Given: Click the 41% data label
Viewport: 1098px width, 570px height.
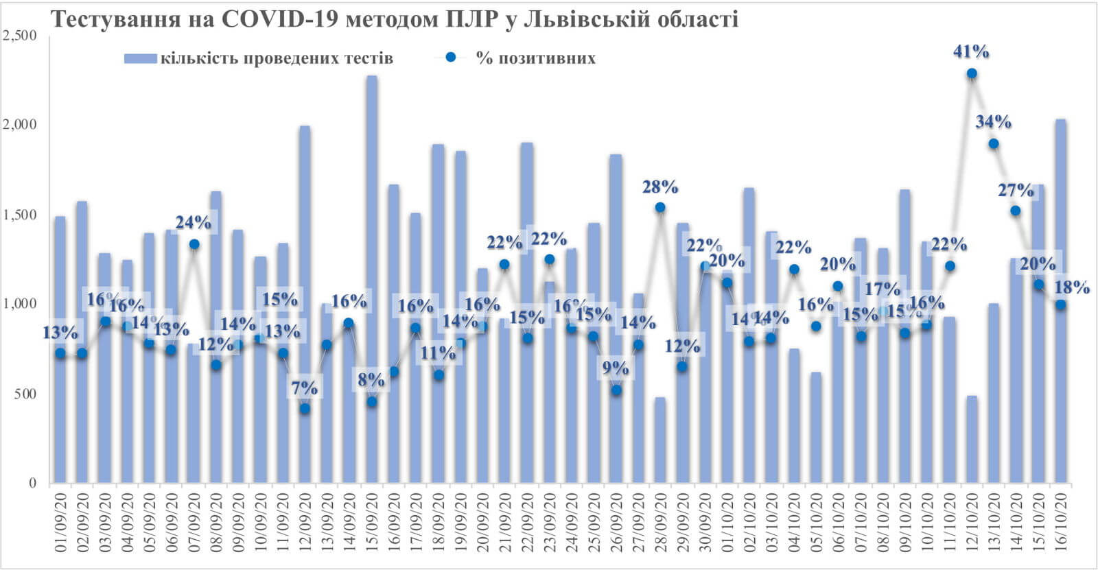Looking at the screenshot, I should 971,51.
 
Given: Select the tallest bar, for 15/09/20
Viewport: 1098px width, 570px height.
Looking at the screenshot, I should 371,274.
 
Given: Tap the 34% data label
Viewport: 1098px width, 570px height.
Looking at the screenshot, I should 993,122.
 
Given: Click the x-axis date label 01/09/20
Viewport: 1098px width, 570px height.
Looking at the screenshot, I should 60,525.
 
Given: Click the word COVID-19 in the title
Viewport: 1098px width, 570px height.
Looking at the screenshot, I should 281,19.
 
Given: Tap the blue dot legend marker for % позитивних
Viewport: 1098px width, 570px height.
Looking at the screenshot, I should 451,58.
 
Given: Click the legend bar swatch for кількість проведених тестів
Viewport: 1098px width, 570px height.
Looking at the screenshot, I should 141,58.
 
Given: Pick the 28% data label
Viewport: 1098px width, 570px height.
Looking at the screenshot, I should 660,187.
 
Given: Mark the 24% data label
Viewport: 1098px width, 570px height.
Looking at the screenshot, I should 194,222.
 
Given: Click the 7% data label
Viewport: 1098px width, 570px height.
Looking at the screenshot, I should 305,388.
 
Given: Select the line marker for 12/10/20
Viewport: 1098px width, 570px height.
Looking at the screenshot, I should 972,73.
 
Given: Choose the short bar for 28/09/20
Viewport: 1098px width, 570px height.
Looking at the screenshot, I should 660,439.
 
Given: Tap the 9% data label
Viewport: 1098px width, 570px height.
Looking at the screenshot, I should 616,368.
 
